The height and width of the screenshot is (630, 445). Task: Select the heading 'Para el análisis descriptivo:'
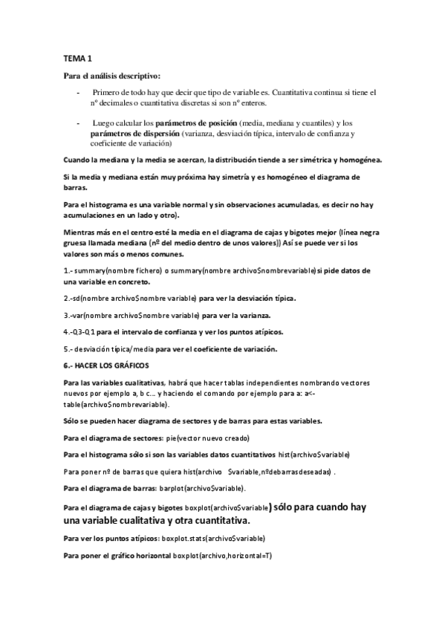click(111, 76)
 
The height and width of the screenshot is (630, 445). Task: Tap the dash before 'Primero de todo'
click(79, 92)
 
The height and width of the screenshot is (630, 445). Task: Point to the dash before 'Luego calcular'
click(79, 123)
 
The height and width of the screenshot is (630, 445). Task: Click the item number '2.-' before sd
click(69, 298)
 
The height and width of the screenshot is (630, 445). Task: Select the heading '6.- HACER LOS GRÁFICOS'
click(108, 366)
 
